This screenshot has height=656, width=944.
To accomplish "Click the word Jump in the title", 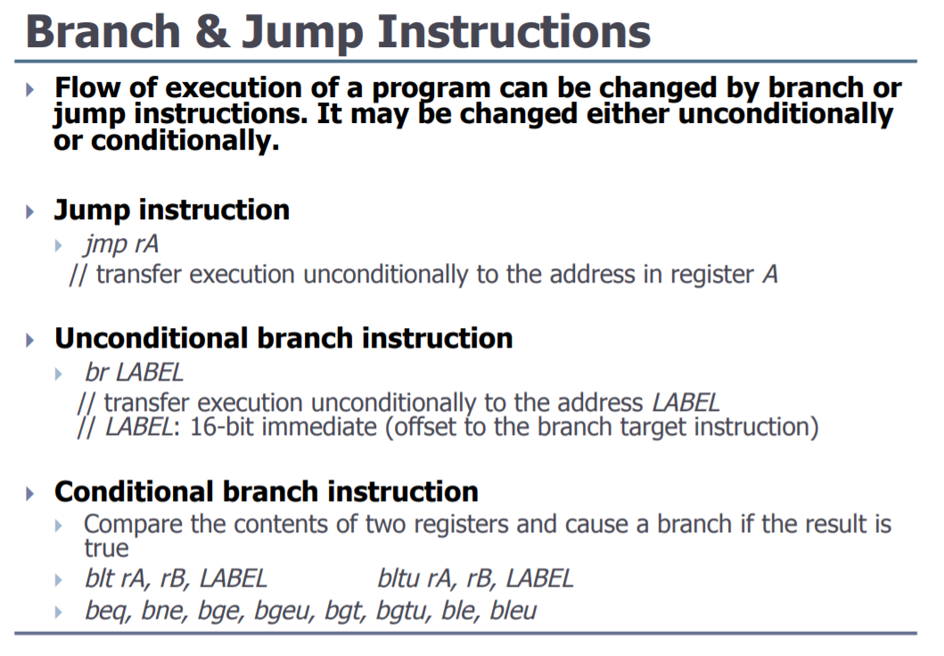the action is (x=303, y=34).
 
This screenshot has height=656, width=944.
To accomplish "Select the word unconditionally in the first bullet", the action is (x=785, y=113).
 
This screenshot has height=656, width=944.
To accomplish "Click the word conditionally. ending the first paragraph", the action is (x=185, y=141).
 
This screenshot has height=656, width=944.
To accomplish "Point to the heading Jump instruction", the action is (x=171, y=210).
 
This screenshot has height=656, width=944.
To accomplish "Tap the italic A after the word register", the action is (x=770, y=275).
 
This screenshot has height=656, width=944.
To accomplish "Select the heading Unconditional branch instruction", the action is (x=283, y=338).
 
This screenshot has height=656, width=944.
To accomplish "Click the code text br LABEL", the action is (x=134, y=373).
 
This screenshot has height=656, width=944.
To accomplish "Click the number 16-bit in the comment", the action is (x=222, y=427).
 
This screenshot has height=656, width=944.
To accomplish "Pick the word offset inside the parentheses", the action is (x=425, y=427).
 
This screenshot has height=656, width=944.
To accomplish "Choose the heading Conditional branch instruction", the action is (x=267, y=492).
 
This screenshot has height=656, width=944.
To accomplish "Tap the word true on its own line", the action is (x=106, y=548).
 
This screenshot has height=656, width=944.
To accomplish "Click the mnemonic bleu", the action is (x=513, y=611).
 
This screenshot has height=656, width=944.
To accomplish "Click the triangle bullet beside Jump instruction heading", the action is (x=30, y=212).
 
